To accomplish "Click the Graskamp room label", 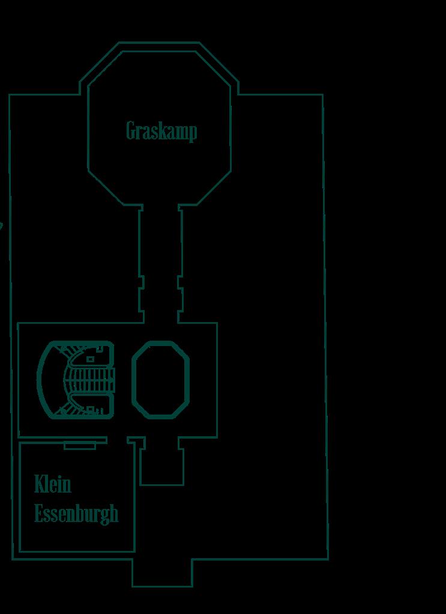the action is tap(161, 131).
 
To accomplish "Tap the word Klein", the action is tap(53, 484).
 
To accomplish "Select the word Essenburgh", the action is tap(76, 514).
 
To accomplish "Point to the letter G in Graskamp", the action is tap(132, 130).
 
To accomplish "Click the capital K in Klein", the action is tap(40, 484).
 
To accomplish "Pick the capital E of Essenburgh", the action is tap(39, 514).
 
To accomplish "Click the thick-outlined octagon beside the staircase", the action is tap(160, 379).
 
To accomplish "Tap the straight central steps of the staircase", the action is tap(90, 379).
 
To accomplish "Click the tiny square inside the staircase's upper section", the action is tap(91, 359).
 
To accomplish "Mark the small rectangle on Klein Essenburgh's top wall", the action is tap(80, 446).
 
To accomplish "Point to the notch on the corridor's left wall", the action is tap(142, 282).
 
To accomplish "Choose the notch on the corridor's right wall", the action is tap(180, 282).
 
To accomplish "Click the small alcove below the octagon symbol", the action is tap(161, 463).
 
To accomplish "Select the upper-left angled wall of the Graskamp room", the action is tap(101, 66).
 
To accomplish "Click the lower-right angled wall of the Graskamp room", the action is tap(215, 188).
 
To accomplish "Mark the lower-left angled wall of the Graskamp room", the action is tap(105, 188).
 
